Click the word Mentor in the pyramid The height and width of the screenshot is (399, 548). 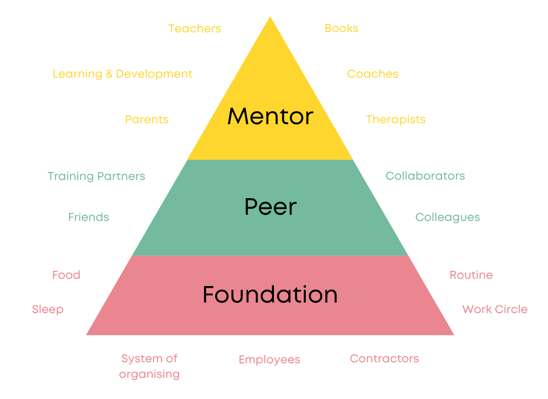tap(270, 117)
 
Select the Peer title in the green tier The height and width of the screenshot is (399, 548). tap(270, 207)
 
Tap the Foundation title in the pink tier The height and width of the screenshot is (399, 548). tap(270, 295)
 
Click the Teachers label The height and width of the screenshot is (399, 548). tap(195, 29)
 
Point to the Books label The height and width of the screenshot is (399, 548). tap(341, 28)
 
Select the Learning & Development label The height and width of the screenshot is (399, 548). tap(123, 74)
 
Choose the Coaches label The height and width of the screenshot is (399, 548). tap(372, 74)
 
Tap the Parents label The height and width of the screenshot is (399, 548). tap(147, 120)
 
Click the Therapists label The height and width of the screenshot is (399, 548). tap(396, 120)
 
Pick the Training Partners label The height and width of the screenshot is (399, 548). tap(97, 176)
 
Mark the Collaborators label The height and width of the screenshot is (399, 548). tap(425, 176)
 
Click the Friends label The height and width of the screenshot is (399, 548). tap(89, 217)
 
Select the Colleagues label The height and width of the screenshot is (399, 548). tap(448, 217)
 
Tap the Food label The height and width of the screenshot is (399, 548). tap(66, 275)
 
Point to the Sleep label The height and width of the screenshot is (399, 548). tap(48, 309)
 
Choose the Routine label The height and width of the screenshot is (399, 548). tap(471, 275)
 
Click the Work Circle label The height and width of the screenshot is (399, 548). tap(495, 309)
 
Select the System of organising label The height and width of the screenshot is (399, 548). tap(149, 366)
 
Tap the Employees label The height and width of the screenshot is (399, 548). tap(269, 360)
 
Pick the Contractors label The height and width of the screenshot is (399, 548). tap(384, 359)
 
